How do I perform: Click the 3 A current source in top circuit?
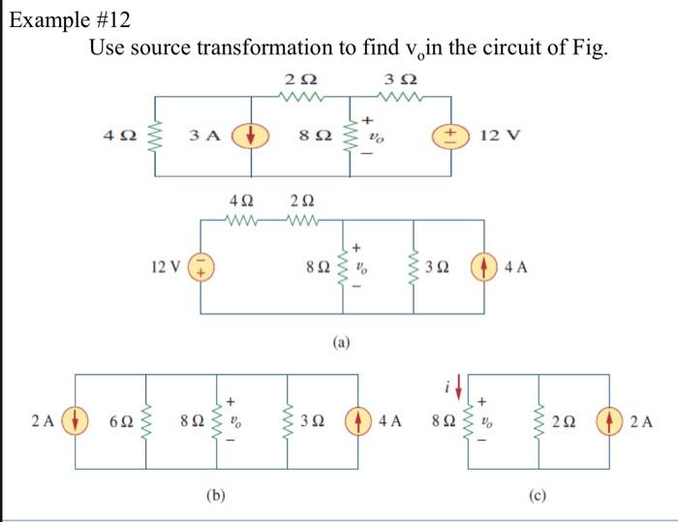click(x=255, y=136)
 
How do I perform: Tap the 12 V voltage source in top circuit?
click(x=452, y=136)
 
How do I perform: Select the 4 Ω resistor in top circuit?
click(x=150, y=136)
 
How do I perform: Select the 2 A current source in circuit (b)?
click(x=75, y=421)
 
